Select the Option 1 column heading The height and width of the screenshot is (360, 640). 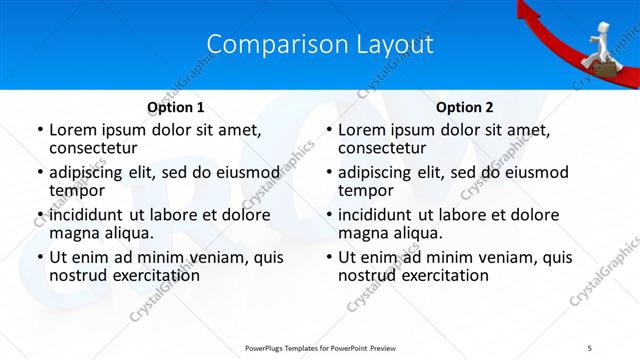(x=175, y=107)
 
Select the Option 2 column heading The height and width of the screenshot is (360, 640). (x=465, y=107)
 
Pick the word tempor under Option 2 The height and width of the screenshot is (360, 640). (x=366, y=190)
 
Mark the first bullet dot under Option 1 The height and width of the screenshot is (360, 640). (x=39, y=130)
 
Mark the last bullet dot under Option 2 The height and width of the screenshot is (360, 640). (x=328, y=258)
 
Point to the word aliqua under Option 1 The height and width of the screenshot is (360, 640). (x=126, y=233)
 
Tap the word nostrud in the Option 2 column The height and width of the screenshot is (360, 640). (x=370, y=275)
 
